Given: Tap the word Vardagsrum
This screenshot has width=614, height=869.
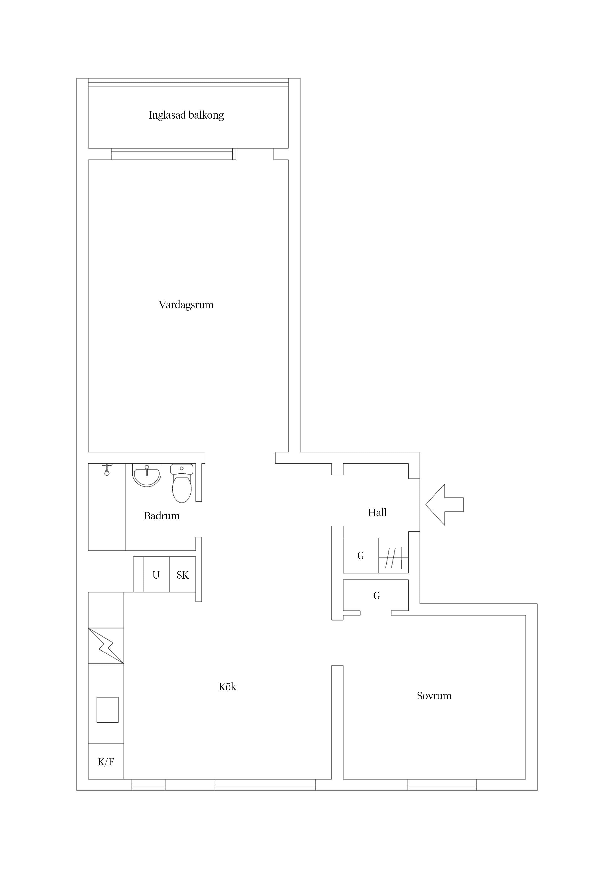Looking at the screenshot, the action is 186,305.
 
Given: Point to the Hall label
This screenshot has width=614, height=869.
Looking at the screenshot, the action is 377,513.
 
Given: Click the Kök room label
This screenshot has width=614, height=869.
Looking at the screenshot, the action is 227,687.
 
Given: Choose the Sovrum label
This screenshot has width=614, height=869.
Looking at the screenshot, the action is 434,696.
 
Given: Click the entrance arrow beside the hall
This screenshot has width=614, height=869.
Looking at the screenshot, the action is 444,505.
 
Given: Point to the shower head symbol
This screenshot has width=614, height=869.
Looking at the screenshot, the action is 107,470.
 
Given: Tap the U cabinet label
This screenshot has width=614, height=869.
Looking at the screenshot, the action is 156,575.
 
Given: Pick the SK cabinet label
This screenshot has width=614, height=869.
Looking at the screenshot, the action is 182,575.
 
